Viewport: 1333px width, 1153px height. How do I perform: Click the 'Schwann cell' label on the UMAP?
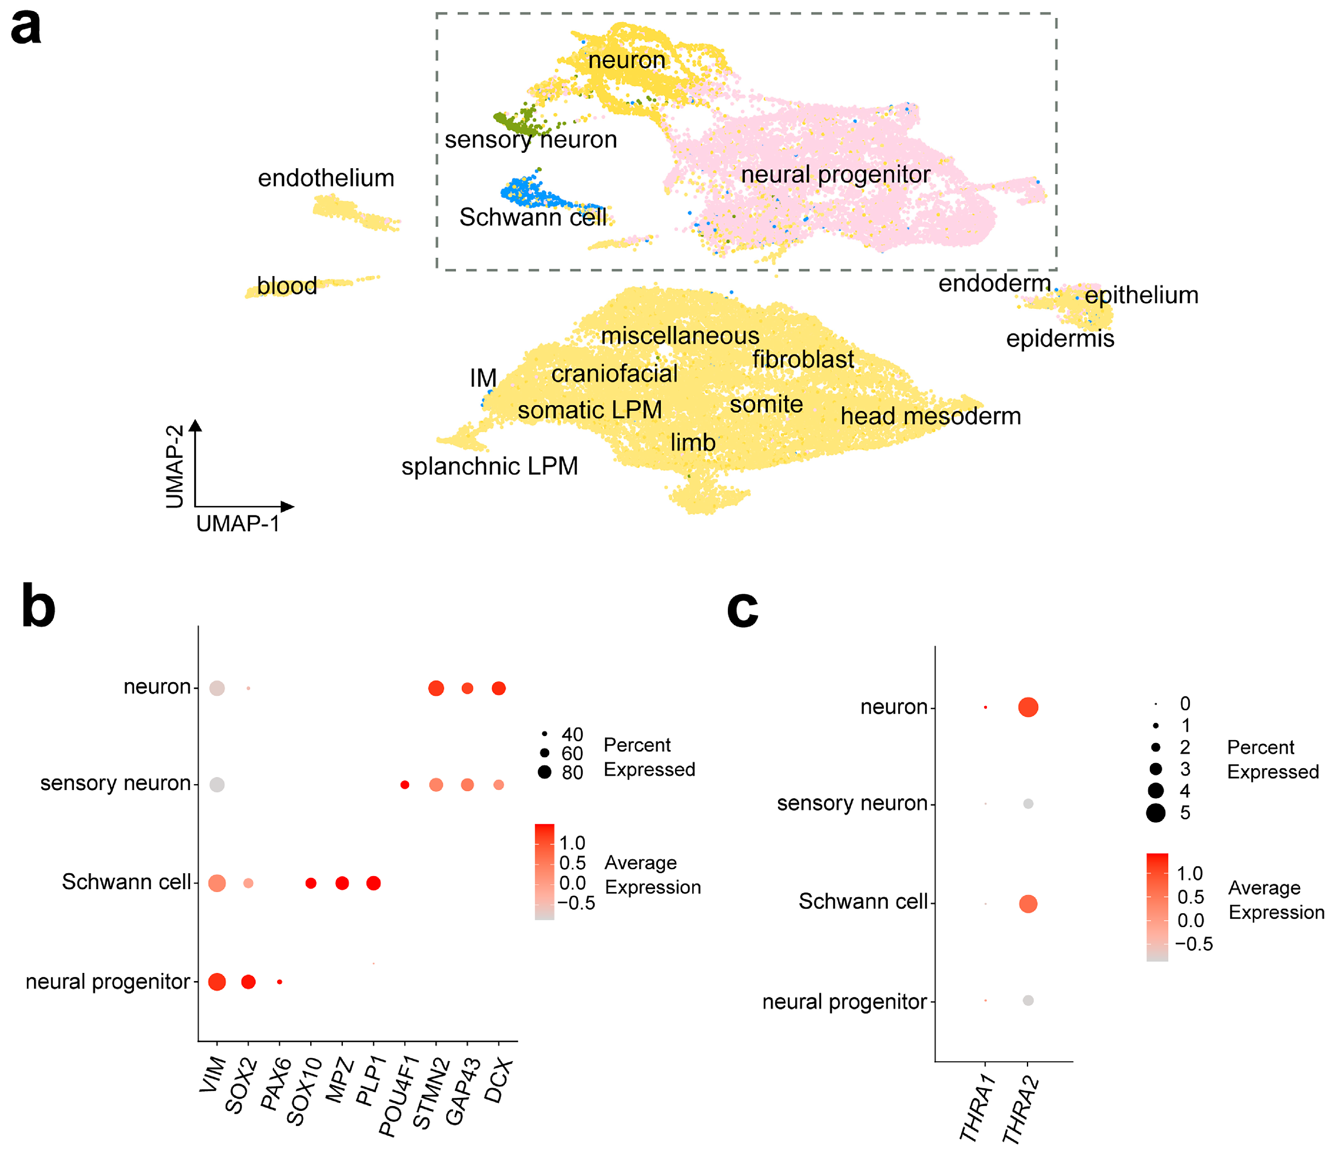pyautogui.click(x=532, y=217)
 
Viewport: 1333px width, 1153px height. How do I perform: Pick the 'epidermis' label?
pyautogui.click(x=1060, y=339)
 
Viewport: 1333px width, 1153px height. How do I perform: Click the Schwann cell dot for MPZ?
pyautogui.click(x=342, y=883)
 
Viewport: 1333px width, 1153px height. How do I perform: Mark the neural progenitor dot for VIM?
pyautogui.click(x=217, y=982)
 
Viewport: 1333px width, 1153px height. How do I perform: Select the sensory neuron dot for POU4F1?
pyautogui.click(x=405, y=785)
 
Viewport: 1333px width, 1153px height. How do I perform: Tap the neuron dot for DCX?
pyautogui.click(x=498, y=689)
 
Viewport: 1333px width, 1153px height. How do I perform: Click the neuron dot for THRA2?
pyautogui.click(x=1028, y=707)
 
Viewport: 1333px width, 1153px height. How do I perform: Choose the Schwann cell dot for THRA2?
pyautogui.click(x=1028, y=904)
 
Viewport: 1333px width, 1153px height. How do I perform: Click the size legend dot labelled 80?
pyautogui.click(x=545, y=773)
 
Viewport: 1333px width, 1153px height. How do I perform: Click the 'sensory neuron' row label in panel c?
pyautogui.click(x=852, y=804)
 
